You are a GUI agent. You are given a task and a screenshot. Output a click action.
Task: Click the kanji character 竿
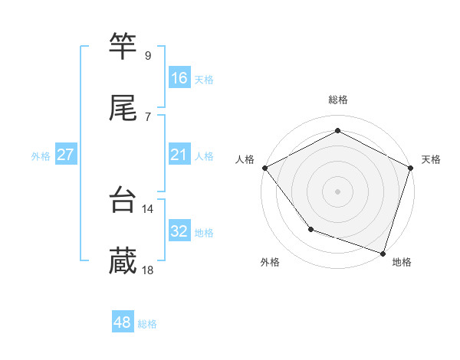pos(123,46)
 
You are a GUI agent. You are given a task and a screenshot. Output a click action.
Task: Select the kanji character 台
pos(123,200)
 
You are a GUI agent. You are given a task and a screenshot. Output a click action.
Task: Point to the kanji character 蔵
pos(123,261)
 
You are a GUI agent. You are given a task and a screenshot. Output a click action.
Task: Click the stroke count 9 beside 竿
pos(147,55)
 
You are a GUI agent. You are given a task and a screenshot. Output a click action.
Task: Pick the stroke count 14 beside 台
pos(148,208)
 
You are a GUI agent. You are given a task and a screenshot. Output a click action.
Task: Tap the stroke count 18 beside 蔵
pos(148,270)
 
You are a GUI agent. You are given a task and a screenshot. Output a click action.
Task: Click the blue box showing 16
pos(179,78)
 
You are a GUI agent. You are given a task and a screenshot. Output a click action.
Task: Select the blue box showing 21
pos(179,155)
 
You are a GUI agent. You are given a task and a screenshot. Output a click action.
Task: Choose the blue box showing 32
pos(179,231)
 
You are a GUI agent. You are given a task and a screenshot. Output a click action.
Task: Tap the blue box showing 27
pos(65,155)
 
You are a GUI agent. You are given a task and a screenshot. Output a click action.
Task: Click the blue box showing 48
pos(123,322)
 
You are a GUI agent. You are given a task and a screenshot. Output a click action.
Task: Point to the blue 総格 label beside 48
pos(148,324)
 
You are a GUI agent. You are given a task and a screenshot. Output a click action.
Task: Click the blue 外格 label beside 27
pos(41,156)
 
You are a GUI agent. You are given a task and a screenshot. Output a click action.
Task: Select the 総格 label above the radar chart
pos(338,100)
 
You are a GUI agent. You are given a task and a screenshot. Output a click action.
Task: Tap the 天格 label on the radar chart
pos(431,159)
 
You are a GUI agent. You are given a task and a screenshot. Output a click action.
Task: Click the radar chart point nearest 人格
pos(264,168)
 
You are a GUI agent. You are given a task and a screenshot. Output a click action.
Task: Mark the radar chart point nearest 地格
pos(383,253)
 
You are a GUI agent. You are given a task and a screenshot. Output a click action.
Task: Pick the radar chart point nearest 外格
pos(310,229)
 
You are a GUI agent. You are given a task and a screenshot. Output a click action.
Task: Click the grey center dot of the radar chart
pos(338,191)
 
